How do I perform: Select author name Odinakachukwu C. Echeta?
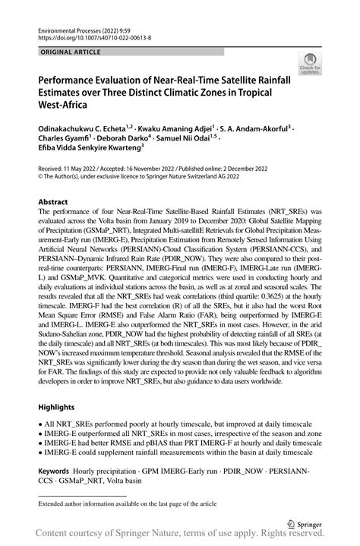click(x=83, y=129)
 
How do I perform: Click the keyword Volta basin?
click(x=151, y=481)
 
